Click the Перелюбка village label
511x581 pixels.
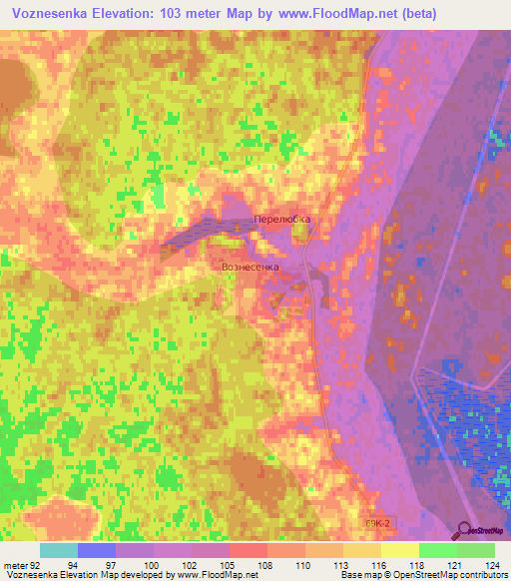pos(282,221)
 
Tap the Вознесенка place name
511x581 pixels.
pos(251,269)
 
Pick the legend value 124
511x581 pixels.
pos(494,563)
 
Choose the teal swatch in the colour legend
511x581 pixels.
pos(59,550)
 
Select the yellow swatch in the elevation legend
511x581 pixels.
pos(399,550)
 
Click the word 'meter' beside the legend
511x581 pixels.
pos(17,563)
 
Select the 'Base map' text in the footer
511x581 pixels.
pos(360,575)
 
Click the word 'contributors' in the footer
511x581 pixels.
pos(482,575)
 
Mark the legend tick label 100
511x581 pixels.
pos(153,563)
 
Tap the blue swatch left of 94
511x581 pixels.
pos(97,550)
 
